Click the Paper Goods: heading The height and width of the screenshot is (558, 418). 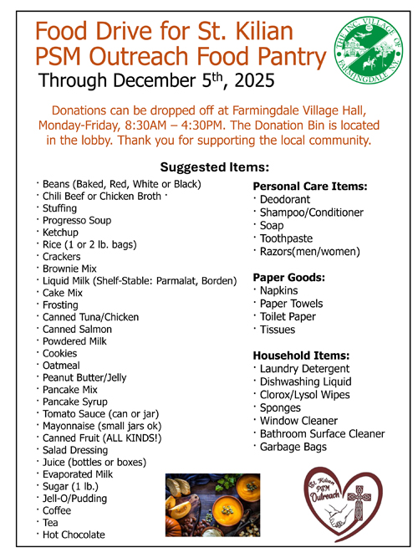point(289,276)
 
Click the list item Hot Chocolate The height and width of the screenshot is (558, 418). point(74,534)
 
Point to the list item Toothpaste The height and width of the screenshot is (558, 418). point(288,238)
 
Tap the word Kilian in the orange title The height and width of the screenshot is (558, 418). point(255,32)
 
